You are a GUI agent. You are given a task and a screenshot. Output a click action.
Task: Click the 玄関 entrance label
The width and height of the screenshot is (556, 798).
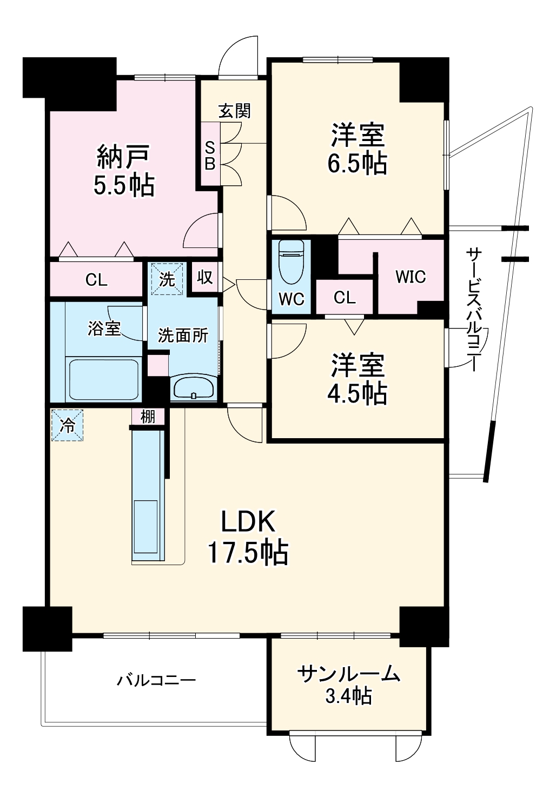[x=235, y=111]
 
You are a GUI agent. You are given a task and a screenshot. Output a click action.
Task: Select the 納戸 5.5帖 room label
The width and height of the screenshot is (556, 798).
[x=124, y=170]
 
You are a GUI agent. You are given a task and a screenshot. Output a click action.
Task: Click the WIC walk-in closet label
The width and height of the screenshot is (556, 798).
[x=411, y=277]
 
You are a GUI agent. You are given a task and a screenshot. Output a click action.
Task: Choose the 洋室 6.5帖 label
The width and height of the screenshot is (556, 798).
[x=358, y=149]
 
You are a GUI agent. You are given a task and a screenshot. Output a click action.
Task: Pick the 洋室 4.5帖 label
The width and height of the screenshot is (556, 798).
[x=358, y=379]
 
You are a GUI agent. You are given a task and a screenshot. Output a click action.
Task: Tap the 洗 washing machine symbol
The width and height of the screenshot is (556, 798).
[x=167, y=279]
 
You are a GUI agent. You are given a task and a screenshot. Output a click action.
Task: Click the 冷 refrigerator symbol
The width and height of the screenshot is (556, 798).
[x=68, y=426]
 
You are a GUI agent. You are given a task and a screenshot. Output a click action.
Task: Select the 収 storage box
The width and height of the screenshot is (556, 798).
[x=204, y=278]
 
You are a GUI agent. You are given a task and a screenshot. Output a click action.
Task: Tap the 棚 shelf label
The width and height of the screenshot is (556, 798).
[x=148, y=416]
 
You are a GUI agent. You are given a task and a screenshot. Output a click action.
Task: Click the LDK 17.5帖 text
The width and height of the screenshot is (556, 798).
[x=248, y=537]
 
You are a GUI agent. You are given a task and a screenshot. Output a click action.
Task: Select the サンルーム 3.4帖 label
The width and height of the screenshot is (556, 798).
[x=349, y=685]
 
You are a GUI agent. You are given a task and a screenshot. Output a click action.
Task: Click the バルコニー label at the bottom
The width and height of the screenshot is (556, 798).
[x=156, y=680]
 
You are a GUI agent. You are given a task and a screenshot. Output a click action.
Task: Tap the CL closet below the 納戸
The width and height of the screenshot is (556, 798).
[x=96, y=279]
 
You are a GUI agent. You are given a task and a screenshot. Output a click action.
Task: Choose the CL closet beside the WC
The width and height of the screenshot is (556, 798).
[x=345, y=297]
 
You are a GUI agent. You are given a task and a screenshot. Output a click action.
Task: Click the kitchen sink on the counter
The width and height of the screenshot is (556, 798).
[x=147, y=526]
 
